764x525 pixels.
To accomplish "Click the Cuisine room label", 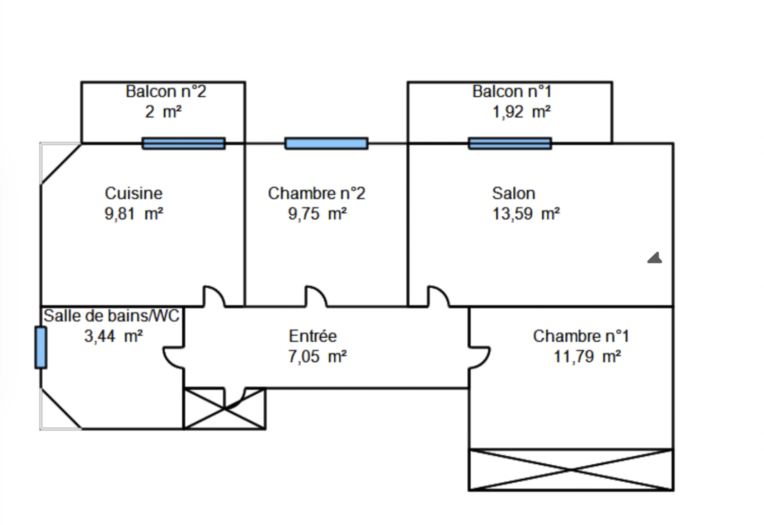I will [134, 193].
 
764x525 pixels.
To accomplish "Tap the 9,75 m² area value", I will [317, 214].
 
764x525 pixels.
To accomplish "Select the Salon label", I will [513, 193].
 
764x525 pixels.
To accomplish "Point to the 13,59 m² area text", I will [526, 214].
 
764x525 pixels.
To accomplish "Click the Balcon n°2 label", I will [166, 91].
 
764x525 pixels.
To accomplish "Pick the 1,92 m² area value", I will [521, 112].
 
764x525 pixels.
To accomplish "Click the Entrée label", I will [313, 336].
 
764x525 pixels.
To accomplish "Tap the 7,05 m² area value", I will [317, 357].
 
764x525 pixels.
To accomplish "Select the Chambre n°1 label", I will [581, 336].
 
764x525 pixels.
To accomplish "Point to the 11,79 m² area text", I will [587, 357].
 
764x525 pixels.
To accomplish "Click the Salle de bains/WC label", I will [112, 316].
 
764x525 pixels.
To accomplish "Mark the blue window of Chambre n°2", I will [326, 143].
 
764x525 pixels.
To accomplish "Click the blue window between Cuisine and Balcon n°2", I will [184, 143].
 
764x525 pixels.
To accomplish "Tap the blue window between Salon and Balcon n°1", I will [510, 143].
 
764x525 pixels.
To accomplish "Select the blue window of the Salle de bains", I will [41, 347].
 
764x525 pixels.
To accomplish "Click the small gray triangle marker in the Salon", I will [655, 258].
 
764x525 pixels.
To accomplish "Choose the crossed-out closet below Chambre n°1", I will [571, 470].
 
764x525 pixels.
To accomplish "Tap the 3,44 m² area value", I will [113, 336].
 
